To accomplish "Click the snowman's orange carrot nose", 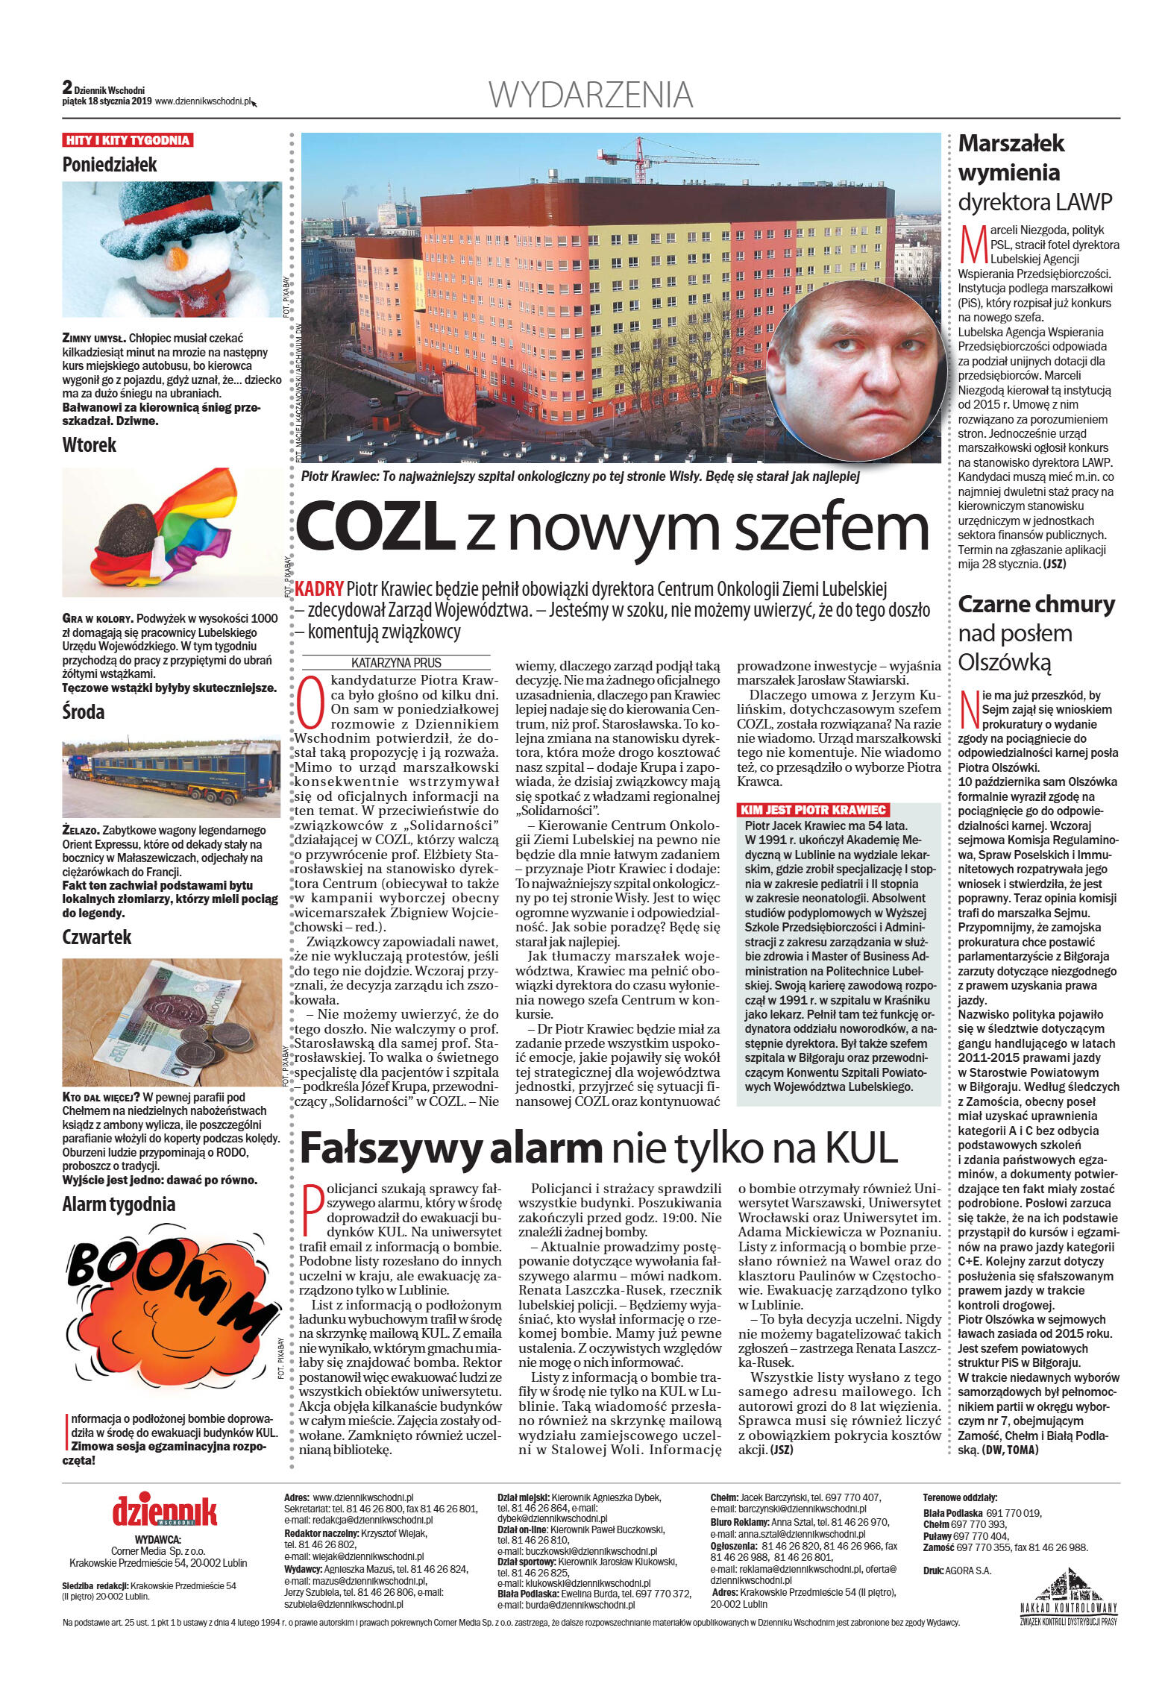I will pyautogui.click(x=178, y=258).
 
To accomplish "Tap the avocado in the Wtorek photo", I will pyautogui.click(x=131, y=528).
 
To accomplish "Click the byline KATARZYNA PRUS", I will pyautogui.click(x=396, y=662).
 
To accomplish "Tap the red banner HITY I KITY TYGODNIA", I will pyautogui.click(x=128, y=140).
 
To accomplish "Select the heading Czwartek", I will pyautogui.click(x=97, y=937).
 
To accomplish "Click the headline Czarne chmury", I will pyautogui.click(x=1036, y=604).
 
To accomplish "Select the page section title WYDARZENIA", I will pyautogui.click(x=591, y=95).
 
